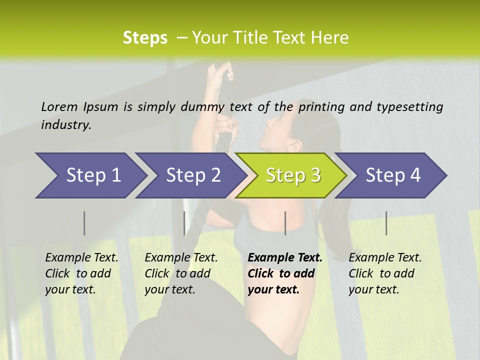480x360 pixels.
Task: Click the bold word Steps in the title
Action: click(145, 38)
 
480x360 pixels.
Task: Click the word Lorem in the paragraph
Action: click(59, 106)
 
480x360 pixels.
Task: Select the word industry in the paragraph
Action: click(66, 124)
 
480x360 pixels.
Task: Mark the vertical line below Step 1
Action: click(84, 223)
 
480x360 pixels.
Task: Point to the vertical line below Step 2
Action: click(184, 223)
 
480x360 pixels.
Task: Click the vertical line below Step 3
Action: click(285, 223)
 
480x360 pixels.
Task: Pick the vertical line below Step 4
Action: click(386, 223)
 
